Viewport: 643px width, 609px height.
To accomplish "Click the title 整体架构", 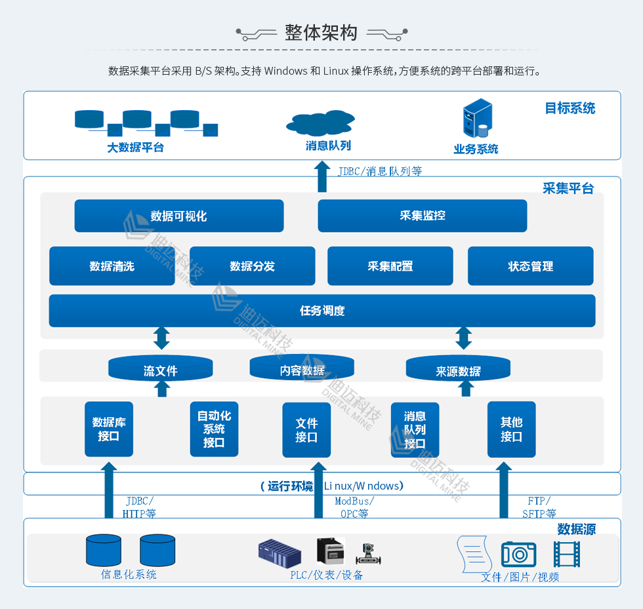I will point(321,33).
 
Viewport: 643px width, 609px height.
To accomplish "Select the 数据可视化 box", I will point(178,216).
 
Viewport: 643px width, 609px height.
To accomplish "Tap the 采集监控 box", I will point(422,216).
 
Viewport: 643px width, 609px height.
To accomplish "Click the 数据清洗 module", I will point(112,266).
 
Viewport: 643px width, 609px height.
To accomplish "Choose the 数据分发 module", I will point(252,266).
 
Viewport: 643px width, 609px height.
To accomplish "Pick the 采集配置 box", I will point(390,266).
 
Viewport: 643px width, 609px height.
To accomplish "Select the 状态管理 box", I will point(530,266).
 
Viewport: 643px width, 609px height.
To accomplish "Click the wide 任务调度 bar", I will point(321,311).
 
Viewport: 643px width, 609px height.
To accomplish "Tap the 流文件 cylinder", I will point(160,368).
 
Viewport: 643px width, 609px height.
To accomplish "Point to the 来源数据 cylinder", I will point(458,369).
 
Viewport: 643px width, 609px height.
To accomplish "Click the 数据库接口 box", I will point(109,429).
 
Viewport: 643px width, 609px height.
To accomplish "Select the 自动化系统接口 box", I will point(214,429).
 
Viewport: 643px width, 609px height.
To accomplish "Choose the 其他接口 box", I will point(511,429).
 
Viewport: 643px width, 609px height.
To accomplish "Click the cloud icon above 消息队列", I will point(320,123).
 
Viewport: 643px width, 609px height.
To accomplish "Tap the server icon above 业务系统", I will point(477,117).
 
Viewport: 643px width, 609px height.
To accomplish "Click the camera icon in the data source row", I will point(518,555).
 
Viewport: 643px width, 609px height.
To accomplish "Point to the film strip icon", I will point(566,554).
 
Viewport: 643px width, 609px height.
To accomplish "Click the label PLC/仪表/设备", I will point(327,575).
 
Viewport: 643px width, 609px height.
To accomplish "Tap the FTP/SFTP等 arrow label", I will point(539,507).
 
